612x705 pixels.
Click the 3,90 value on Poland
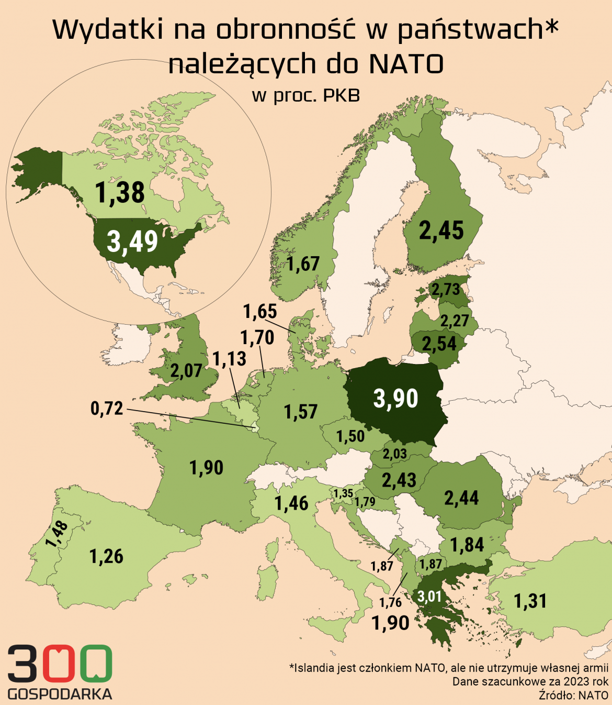coord(396,399)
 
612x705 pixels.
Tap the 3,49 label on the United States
coord(132,241)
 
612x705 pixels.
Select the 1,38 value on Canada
coord(120,192)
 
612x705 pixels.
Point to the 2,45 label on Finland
coord(441,230)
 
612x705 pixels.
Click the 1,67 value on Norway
coord(303,263)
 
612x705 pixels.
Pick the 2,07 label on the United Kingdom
coord(186,371)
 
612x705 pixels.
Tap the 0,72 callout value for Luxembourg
coord(107,408)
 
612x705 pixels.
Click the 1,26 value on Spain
coord(107,556)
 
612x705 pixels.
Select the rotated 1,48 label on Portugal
coord(57,534)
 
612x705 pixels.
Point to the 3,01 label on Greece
coord(429,596)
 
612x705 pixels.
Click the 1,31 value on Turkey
coord(530,601)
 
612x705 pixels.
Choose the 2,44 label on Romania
coord(461,498)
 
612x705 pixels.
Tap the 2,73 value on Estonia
coord(445,289)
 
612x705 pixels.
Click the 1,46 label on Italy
coord(291,503)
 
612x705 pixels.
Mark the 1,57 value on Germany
coord(301,412)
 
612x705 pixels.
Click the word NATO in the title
coord(406,64)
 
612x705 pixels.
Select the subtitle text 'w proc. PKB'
coord(306,95)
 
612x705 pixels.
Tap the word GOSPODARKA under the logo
coord(60,694)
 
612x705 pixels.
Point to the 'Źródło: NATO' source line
coord(573,695)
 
